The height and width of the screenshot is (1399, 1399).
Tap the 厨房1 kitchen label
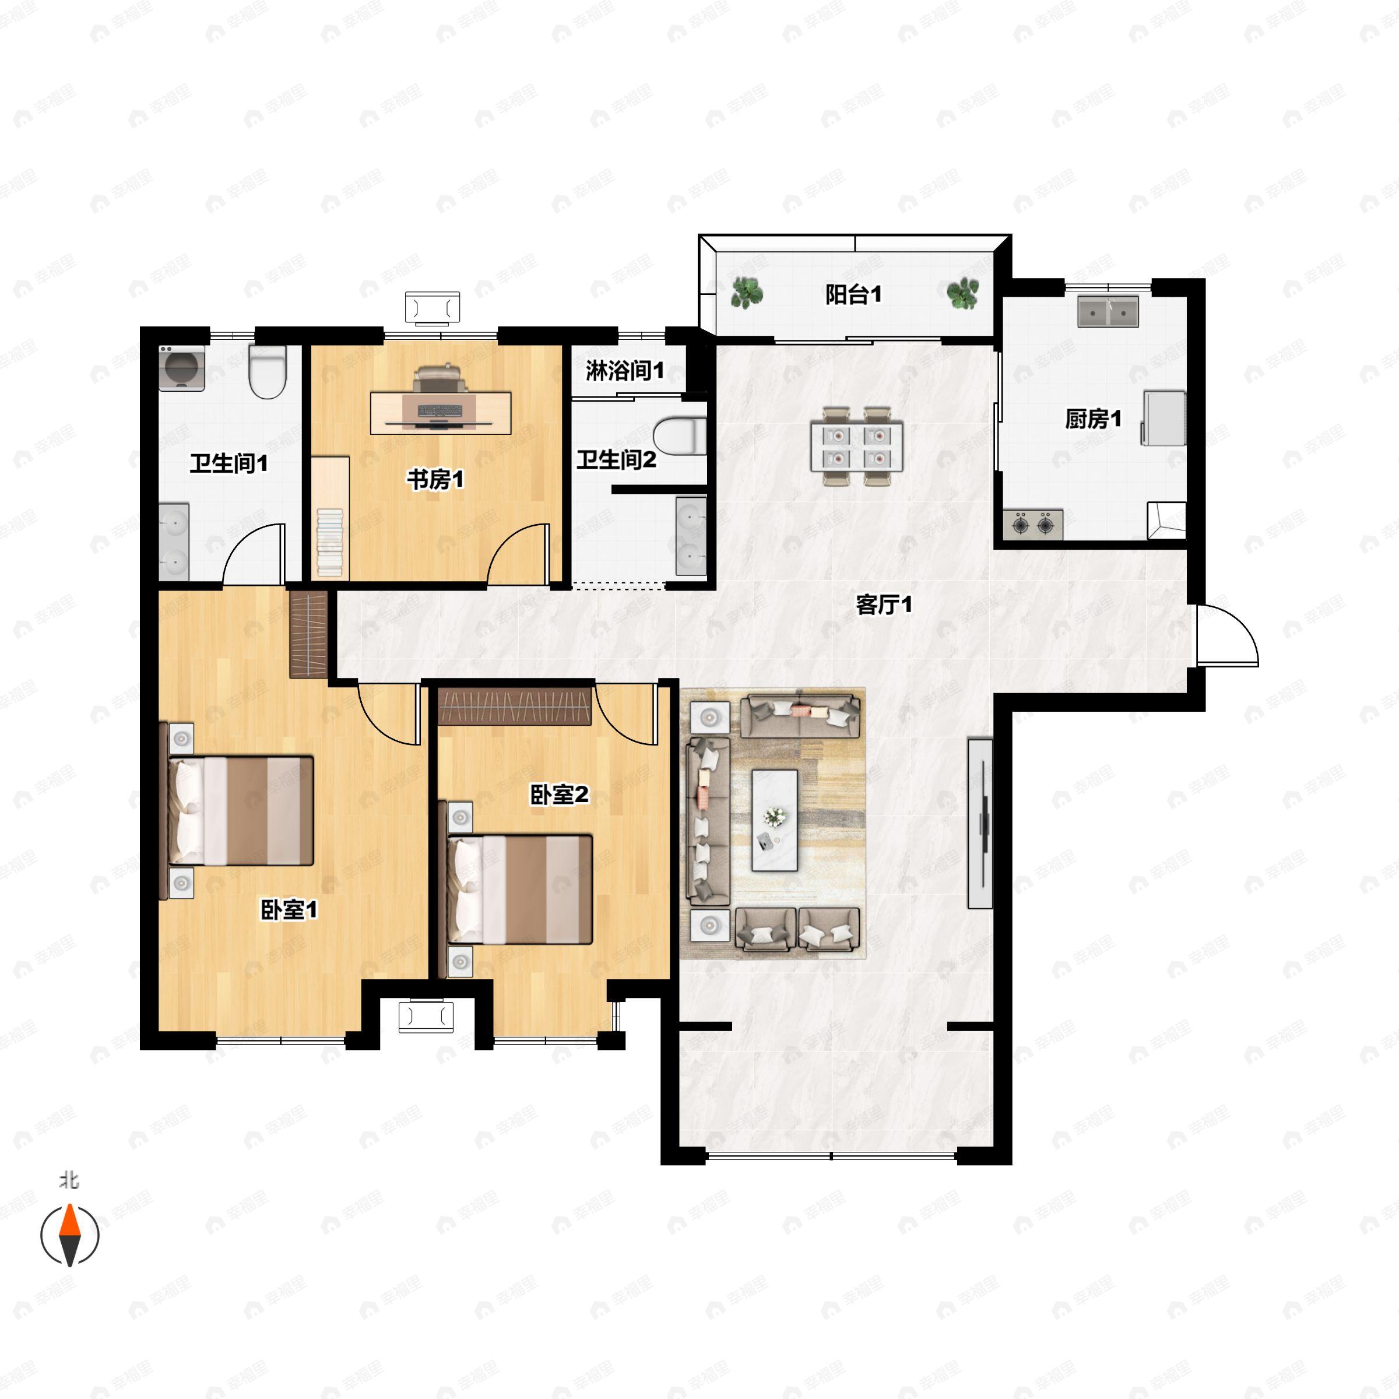1093,419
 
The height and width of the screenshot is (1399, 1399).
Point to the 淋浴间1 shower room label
624,371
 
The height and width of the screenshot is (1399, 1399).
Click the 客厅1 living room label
884,604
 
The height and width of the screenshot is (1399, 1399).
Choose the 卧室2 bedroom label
559,795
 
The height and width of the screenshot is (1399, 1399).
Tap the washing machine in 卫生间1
181,368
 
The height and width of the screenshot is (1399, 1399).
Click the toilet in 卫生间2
681,436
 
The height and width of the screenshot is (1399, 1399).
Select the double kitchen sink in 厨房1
1108,311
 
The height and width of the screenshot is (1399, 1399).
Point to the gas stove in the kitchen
1032,524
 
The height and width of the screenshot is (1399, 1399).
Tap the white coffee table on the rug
774,820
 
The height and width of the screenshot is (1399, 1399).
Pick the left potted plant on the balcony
746,293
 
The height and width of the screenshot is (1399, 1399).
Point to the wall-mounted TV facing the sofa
980,823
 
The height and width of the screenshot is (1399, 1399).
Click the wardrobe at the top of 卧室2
515,706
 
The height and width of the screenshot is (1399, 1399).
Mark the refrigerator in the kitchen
1164,418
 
